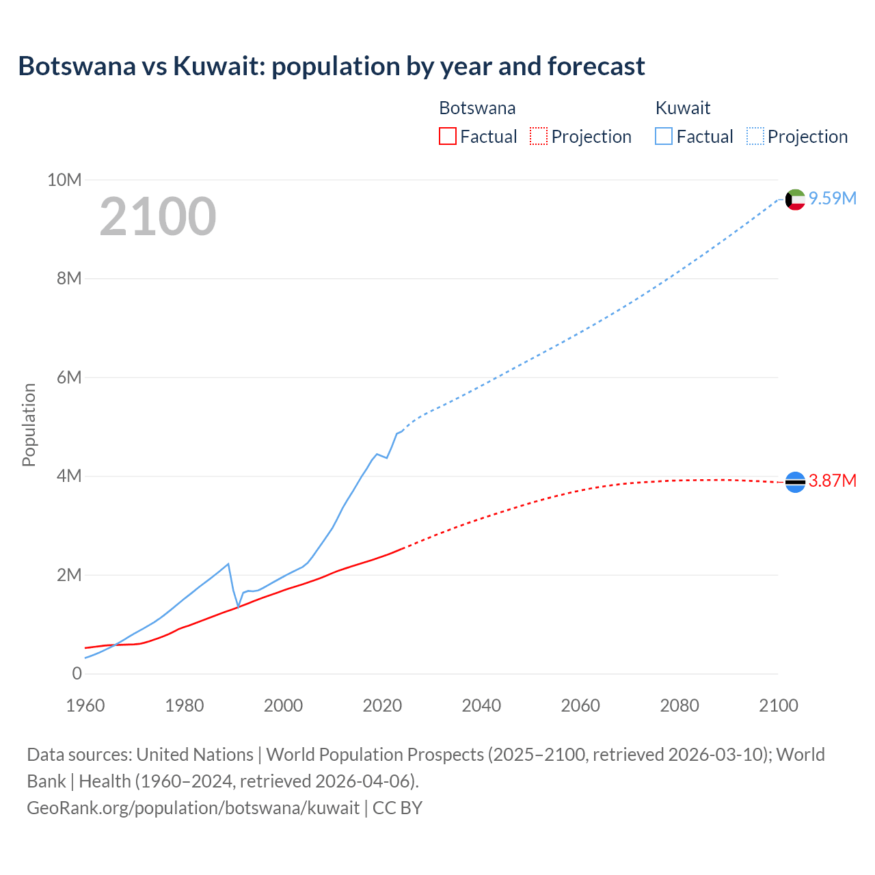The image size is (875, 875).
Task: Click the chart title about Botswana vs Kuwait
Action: click(x=332, y=66)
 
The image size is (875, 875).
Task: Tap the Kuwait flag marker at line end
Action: click(x=795, y=199)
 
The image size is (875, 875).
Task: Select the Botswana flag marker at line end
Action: click(x=795, y=482)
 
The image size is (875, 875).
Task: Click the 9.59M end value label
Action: click(x=833, y=198)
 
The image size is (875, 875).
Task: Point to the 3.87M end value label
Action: click(x=833, y=481)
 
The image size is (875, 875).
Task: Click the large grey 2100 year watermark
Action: click(x=158, y=217)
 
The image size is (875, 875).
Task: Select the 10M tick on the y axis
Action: click(x=64, y=180)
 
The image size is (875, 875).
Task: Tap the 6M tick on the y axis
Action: click(x=68, y=377)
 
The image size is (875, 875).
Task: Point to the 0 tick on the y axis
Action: click(x=77, y=673)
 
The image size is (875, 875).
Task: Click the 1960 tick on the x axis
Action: click(x=85, y=705)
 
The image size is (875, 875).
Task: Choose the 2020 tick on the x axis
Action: click(x=382, y=705)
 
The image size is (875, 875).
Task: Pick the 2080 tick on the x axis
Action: click(x=679, y=705)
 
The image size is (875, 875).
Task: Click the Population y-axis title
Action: click(x=29, y=425)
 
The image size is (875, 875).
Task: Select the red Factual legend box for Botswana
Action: click(x=447, y=136)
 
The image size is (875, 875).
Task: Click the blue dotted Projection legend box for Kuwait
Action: click(x=755, y=136)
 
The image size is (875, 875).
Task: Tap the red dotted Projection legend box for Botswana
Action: click(x=539, y=136)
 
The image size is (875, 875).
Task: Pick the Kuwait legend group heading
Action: click(x=682, y=108)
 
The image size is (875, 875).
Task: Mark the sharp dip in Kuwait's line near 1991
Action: click(x=238, y=606)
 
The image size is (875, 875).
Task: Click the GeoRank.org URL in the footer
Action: click(x=193, y=807)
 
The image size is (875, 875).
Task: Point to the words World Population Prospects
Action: click(x=375, y=754)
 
